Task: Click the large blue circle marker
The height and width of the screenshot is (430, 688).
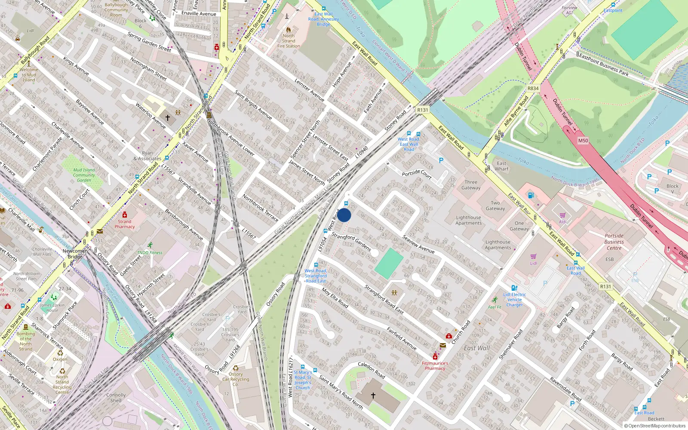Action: coord(344,215)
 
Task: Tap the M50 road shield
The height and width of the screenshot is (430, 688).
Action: coord(583,141)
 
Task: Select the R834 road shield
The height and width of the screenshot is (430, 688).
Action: coord(533,88)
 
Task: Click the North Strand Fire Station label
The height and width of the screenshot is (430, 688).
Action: coord(289,41)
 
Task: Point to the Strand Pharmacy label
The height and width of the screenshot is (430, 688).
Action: coord(125,224)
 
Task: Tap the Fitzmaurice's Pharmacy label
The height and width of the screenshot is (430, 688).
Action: coord(435,365)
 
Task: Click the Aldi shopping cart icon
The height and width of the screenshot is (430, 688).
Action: coord(562,215)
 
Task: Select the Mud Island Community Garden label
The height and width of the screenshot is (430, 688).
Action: coord(84,175)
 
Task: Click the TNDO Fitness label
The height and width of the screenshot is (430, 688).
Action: coord(150,252)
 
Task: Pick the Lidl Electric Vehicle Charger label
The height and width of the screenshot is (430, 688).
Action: coord(514,300)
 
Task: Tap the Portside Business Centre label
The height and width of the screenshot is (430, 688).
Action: coord(614,242)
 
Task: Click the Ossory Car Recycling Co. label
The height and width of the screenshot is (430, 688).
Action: coord(236,379)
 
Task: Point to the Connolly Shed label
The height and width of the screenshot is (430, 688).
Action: coord(116,397)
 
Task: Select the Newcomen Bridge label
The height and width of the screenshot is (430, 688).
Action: coord(75,254)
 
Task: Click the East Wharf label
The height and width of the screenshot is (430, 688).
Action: coord(501,166)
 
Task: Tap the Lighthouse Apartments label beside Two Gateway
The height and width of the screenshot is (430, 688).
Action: coord(468,220)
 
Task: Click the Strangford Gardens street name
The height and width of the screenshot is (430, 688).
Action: coord(351,242)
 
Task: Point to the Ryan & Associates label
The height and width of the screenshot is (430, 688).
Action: coord(147,156)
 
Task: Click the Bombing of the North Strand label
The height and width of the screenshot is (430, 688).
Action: coord(26,341)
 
